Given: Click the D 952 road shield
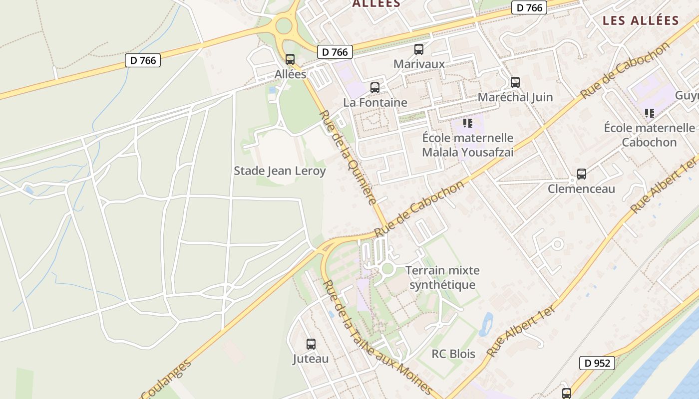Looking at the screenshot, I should click(x=597, y=363).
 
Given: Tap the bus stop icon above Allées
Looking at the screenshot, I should click(x=290, y=59).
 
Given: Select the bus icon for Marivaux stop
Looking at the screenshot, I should click(x=418, y=49).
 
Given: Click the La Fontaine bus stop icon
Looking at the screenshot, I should click(x=374, y=88).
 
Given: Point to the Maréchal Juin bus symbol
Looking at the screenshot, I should click(x=515, y=82).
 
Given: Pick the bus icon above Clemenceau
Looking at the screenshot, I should click(x=581, y=174).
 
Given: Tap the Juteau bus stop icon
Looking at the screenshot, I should click(x=311, y=344).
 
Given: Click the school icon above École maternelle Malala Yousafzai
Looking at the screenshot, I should click(x=467, y=123).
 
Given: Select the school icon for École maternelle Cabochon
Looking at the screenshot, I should click(x=649, y=113).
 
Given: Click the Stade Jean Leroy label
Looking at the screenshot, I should click(x=280, y=171).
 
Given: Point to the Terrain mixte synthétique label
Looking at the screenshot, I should click(x=442, y=278).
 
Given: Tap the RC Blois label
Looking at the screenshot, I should click(x=453, y=354).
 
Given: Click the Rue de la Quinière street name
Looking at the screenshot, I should click(x=348, y=157).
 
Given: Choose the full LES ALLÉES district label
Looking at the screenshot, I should click(x=641, y=20).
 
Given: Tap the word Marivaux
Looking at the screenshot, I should click(x=419, y=64).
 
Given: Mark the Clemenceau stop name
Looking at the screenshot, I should click(x=581, y=189).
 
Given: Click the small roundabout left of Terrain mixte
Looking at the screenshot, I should click(x=387, y=269).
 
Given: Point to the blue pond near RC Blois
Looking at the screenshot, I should click(x=486, y=324).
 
